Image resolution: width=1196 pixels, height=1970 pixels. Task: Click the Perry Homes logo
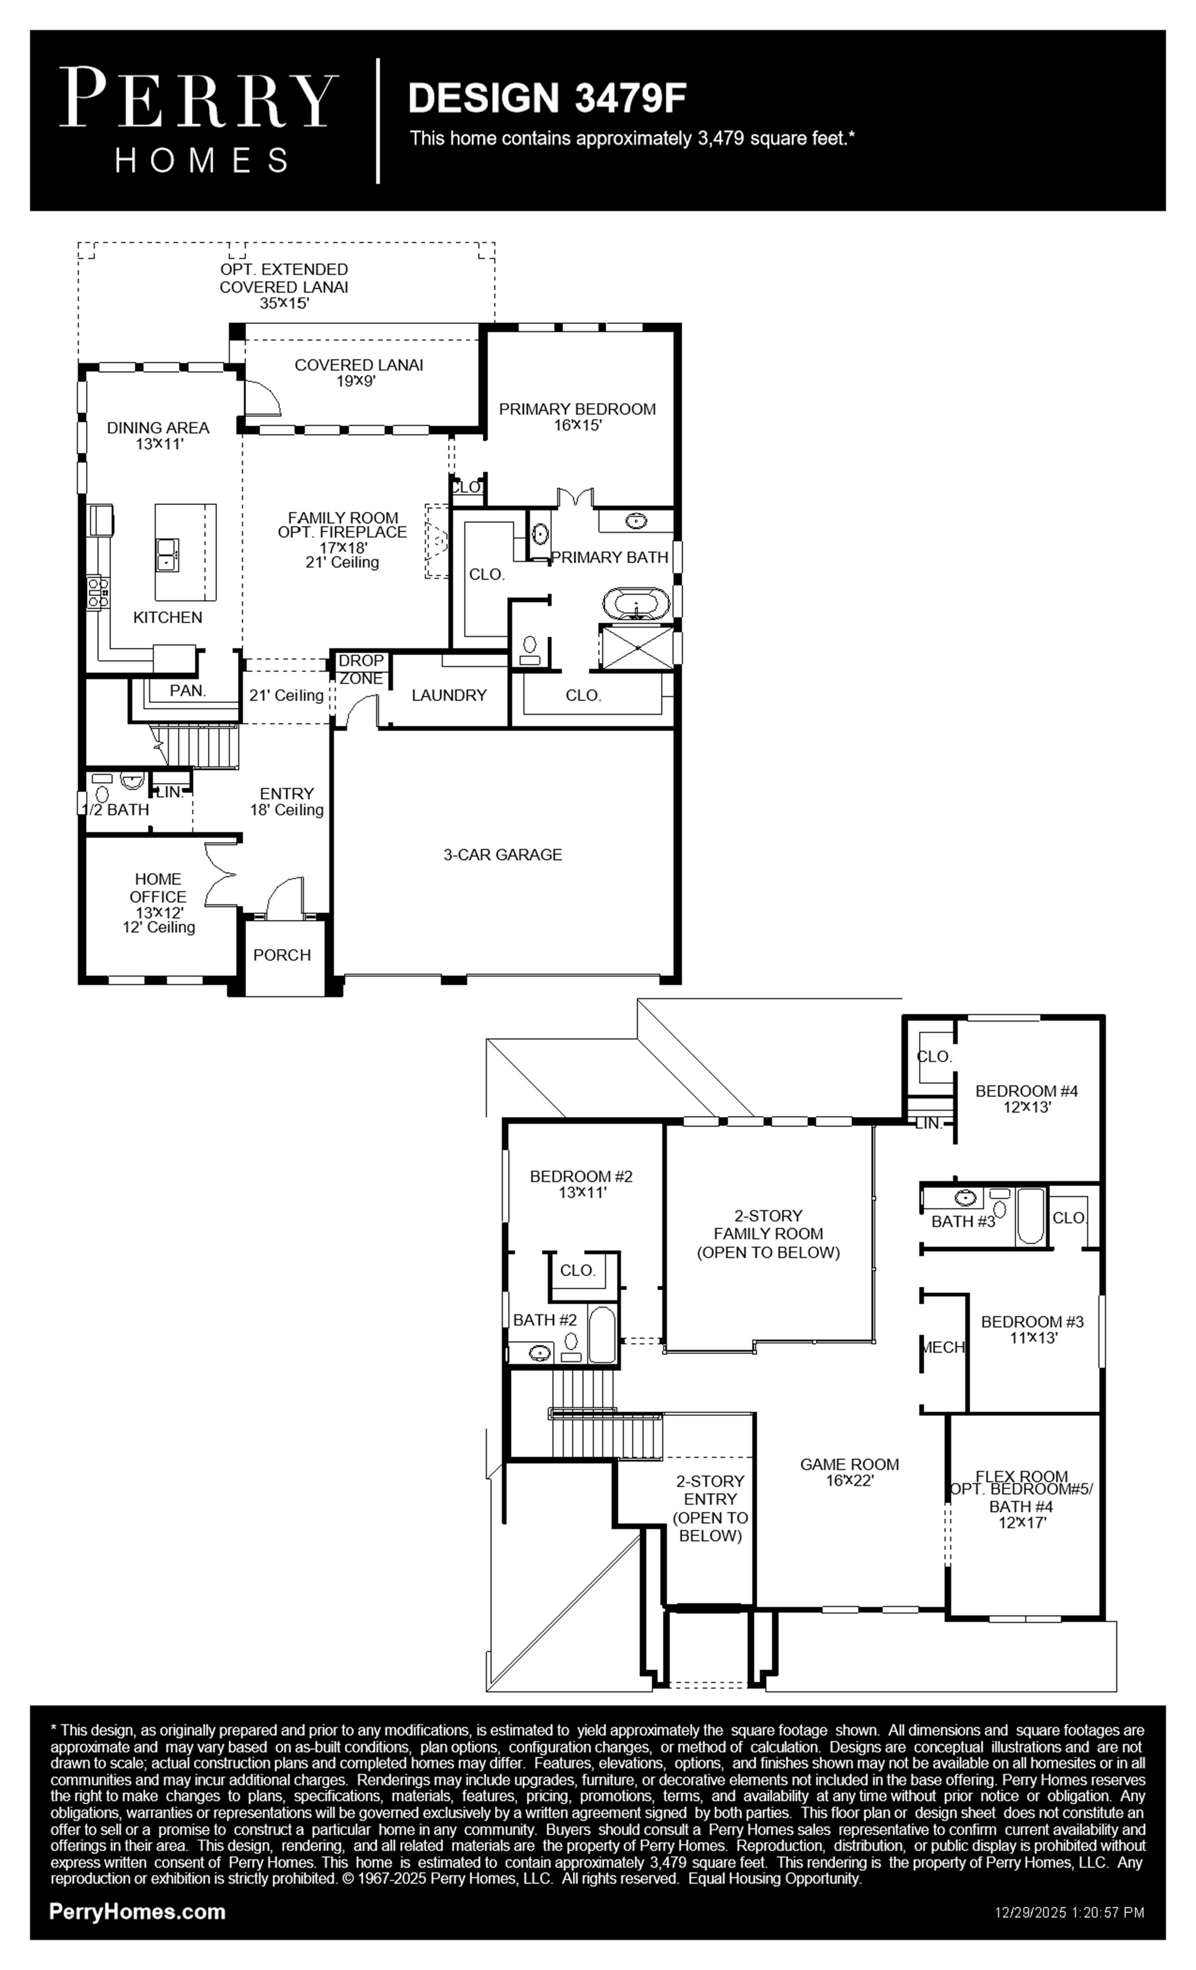click(x=199, y=120)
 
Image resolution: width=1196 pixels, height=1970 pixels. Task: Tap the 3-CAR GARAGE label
click(x=503, y=855)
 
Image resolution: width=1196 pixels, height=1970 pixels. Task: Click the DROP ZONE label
click(x=361, y=670)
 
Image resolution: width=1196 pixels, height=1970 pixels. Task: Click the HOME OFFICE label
click(x=159, y=887)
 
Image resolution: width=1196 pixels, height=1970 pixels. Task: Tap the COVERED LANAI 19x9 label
click(x=359, y=372)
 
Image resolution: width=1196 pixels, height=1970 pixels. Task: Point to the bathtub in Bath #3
click(x=1030, y=1217)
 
